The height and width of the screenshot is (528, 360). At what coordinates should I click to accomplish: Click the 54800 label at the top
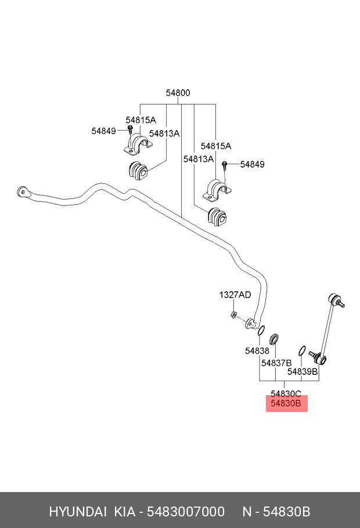coord(178,93)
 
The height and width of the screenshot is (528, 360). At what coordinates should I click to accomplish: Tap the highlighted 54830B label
coord(286,404)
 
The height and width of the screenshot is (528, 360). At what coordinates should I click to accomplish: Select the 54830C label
coord(286,393)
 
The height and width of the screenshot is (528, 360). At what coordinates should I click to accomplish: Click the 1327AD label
coord(235,295)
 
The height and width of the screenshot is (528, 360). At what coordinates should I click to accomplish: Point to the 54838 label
coord(257,350)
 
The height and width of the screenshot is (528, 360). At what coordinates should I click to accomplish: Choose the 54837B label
coord(276,363)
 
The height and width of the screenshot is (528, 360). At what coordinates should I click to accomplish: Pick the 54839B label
coord(303,371)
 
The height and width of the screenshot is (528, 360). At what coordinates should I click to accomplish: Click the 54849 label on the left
coord(103,131)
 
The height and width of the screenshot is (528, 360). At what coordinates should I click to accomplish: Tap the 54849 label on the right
coord(252,164)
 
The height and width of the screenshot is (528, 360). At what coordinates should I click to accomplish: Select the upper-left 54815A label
coord(141,120)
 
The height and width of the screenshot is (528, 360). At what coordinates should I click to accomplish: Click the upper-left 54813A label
coord(164,133)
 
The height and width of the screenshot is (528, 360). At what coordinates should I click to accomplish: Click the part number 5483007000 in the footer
coord(186,512)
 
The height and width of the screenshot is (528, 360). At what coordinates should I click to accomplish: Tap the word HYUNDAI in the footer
coord(77,512)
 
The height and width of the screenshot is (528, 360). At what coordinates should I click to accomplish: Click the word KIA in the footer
coord(125,512)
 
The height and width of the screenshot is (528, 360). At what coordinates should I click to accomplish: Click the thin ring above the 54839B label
coord(301,350)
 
